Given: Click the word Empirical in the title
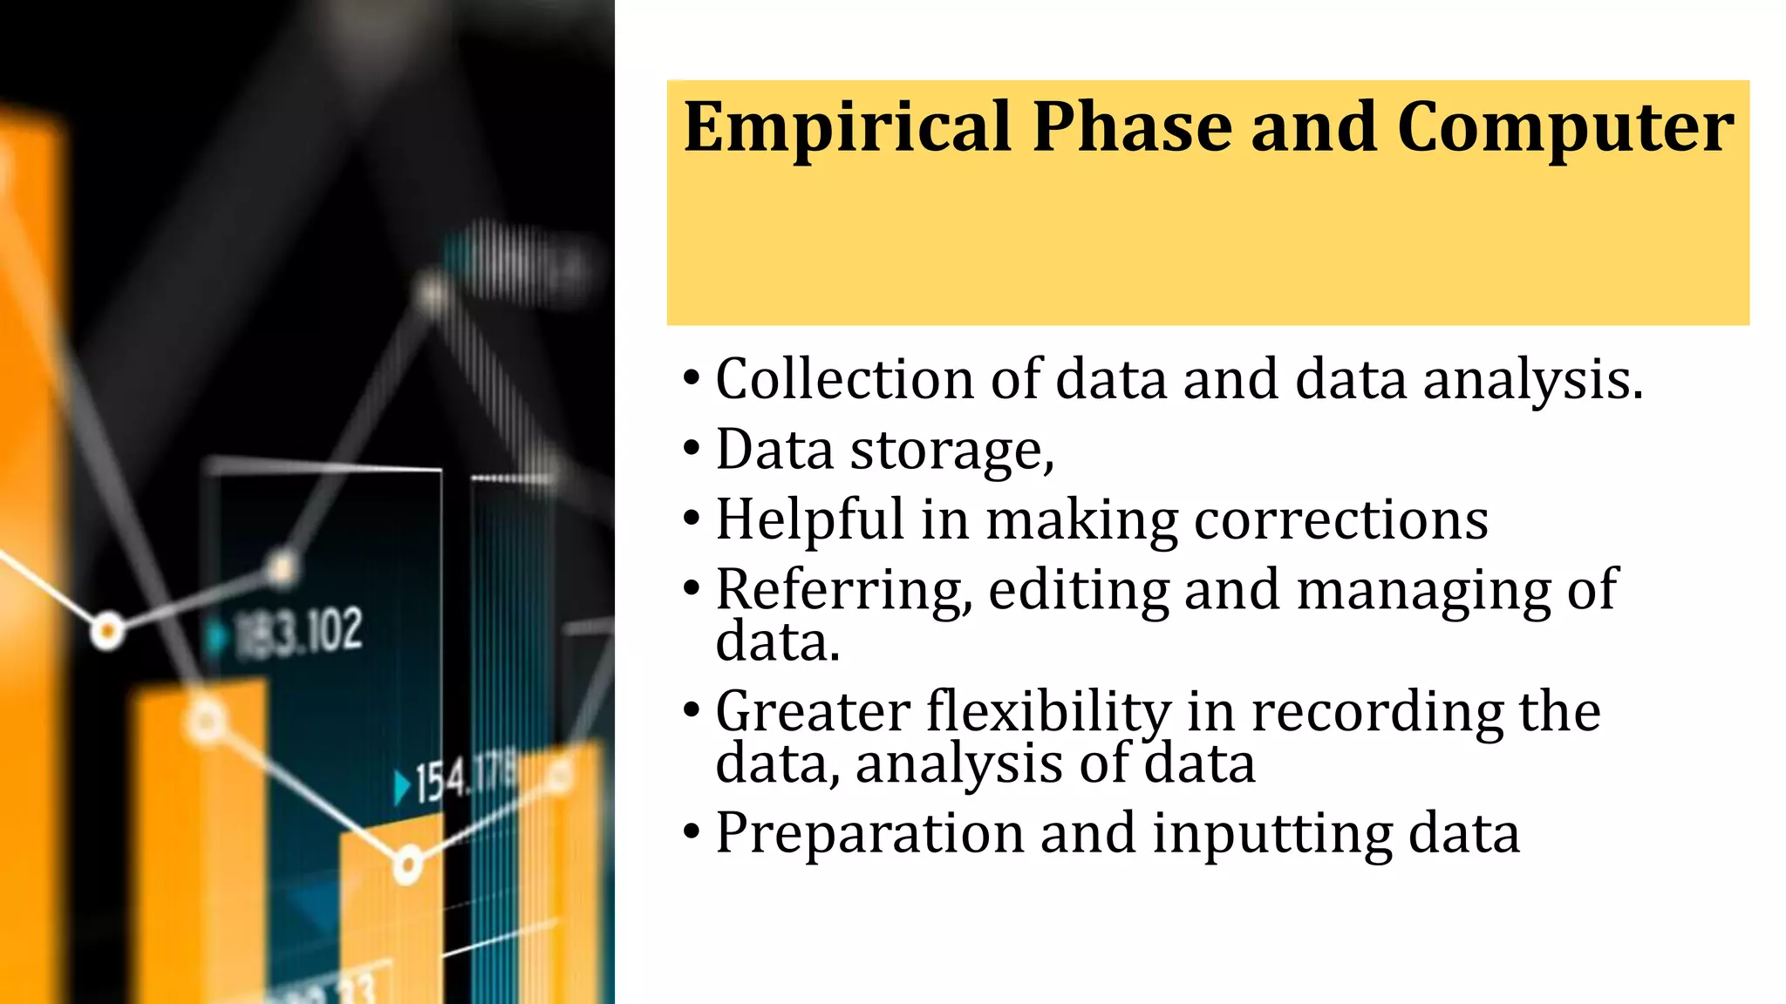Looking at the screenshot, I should [x=847, y=128].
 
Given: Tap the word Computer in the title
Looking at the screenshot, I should [x=1565, y=128].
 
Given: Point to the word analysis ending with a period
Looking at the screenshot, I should [x=1533, y=382].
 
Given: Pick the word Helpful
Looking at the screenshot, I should [x=809, y=521].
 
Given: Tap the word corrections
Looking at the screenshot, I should [x=1340, y=520].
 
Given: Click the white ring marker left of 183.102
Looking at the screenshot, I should [x=107, y=630].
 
